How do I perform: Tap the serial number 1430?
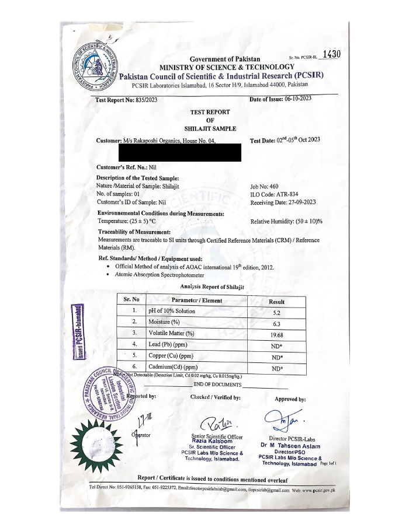[x=331, y=54]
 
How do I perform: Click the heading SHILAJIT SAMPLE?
[x=210, y=128]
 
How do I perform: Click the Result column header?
[x=276, y=302]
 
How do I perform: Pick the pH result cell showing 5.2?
[x=277, y=313]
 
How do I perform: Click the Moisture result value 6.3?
[x=277, y=324]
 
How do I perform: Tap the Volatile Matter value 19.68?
[x=277, y=335]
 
